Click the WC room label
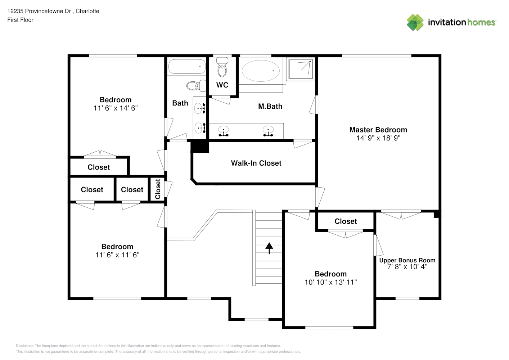pyautogui.click(x=222, y=85)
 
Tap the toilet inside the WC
pyautogui.click(x=222, y=67)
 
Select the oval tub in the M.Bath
pyautogui.click(x=261, y=71)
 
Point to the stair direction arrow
pyautogui.click(x=269, y=248)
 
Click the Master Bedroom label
pyautogui.click(x=378, y=130)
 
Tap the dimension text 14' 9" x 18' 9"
pyautogui.click(x=378, y=138)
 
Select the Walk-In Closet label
pyautogui.click(x=256, y=163)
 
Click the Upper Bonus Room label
pyautogui.click(x=407, y=260)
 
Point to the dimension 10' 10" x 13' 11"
pyautogui.click(x=330, y=282)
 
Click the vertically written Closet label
pyautogui.click(x=158, y=189)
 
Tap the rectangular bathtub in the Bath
pyautogui.click(x=187, y=66)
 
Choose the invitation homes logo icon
pyautogui.click(x=415, y=22)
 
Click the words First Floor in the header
pyautogui.click(x=20, y=20)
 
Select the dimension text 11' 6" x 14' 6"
pyautogui.click(x=116, y=108)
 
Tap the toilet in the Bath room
pyautogui.click(x=196, y=86)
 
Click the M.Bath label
pyautogui.click(x=270, y=106)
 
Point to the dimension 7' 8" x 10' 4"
pyautogui.click(x=407, y=267)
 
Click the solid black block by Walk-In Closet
pyautogui.click(x=200, y=147)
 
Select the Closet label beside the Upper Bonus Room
pyautogui.click(x=346, y=221)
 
